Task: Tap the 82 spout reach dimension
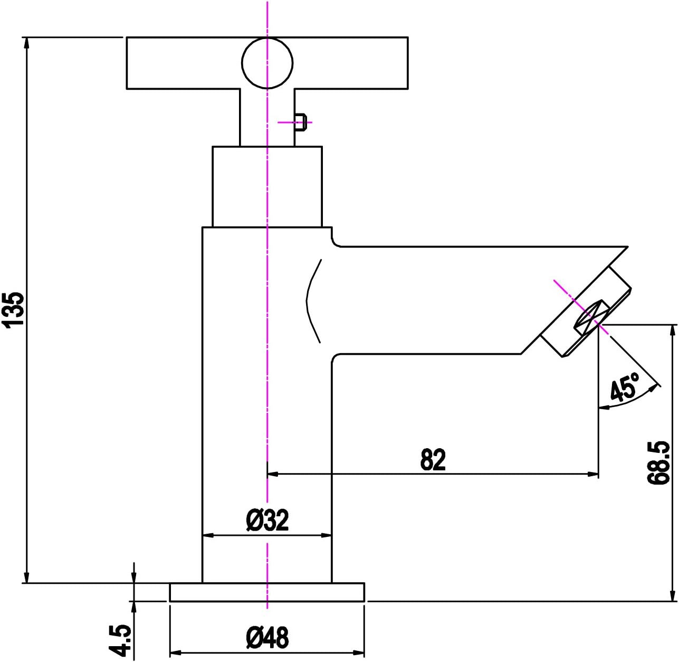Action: click(433, 460)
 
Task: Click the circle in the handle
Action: click(267, 63)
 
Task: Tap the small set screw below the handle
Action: click(300, 122)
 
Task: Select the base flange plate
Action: click(267, 592)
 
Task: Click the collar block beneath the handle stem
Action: click(267, 186)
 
